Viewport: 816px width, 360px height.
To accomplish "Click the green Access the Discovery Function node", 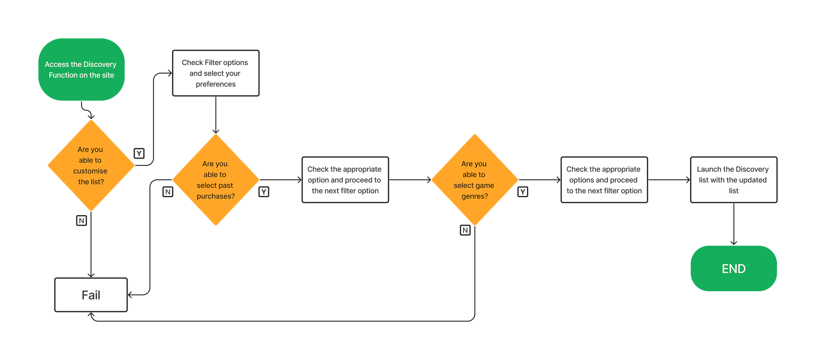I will click(81, 70).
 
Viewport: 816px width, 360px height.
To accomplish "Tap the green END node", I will click(734, 268).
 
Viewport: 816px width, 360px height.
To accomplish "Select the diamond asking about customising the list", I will click(91, 165).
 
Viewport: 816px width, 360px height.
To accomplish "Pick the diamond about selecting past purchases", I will click(215, 180).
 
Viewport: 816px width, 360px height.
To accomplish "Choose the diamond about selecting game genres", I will click(474, 180).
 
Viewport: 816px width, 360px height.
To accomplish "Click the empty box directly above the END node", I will click(734, 180).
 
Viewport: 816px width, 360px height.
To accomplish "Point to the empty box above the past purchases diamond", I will click(215, 73).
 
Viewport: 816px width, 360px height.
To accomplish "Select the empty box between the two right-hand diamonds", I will click(345, 180).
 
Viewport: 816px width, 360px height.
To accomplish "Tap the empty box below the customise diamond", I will click(91, 295).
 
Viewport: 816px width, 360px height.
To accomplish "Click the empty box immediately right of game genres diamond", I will click(604, 180).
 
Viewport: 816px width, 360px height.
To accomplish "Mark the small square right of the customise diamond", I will click(139, 153).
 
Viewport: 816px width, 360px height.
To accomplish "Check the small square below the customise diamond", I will click(81, 221).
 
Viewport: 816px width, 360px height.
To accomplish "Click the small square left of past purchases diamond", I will click(168, 192).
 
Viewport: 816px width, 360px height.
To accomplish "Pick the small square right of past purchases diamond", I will click(264, 192).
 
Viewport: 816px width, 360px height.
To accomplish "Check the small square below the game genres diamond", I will click(465, 230).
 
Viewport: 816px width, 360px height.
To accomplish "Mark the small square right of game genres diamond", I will click(523, 192).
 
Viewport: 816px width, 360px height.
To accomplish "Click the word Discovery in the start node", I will click(100, 64).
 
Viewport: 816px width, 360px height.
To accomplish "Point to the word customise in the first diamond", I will click(90, 171).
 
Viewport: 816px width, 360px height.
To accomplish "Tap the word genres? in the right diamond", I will click(475, 196).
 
